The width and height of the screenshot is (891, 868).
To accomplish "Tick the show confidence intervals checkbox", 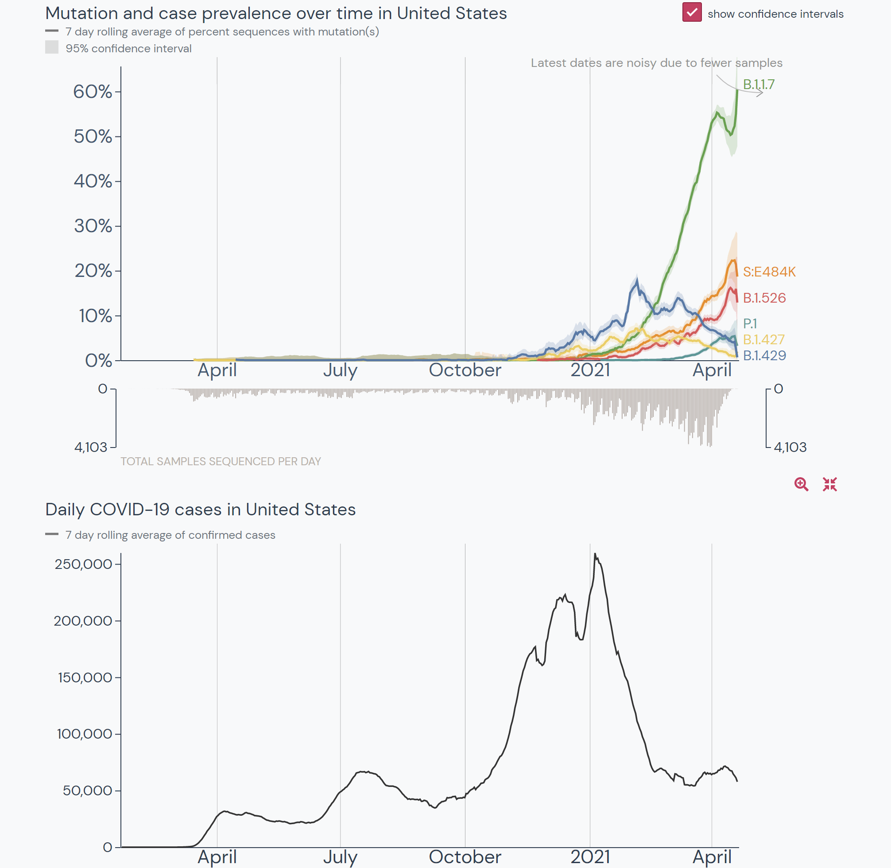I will coord(691,12).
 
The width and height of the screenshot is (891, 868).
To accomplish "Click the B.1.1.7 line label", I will coord(759,84).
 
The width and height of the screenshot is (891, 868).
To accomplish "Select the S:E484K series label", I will coord(769,272).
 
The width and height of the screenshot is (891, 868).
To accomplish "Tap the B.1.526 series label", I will coord(764,298).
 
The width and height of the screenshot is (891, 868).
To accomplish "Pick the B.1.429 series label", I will coord(764,355).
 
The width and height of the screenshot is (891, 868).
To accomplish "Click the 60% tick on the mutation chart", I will coord(93,92).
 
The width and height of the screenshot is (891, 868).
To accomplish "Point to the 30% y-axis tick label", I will coord(93,226).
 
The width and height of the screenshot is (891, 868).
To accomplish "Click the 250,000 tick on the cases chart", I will coord(83,564).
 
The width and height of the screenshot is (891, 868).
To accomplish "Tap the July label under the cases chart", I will coord(340,856).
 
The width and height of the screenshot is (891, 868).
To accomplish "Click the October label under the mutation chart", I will coord(465,370).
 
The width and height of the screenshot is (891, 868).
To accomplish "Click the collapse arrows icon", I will coord(829,484).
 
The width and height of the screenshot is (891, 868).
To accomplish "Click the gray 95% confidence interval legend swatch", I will coord(51,47).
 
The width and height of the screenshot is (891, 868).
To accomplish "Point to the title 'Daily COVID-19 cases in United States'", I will coord(201,509).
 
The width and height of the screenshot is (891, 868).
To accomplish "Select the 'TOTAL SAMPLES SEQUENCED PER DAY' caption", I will coord(221,461).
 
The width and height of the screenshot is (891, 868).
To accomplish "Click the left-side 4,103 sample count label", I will coord(91,447).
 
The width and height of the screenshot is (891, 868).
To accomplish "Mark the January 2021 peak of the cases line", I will coord(595,554).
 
